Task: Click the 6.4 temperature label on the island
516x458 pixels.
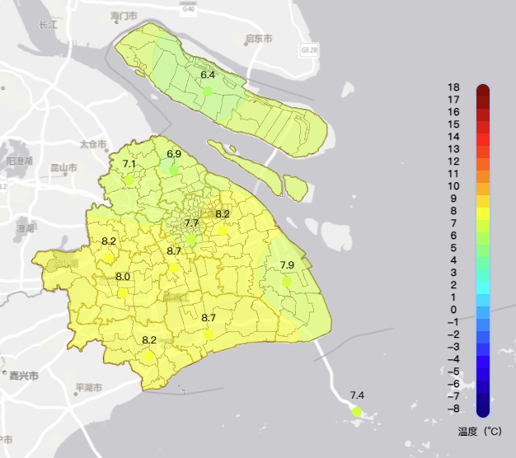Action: pyautogui.click(x=208, y=75)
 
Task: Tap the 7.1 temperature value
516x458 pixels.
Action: pyautogui.click(x=129, y=164)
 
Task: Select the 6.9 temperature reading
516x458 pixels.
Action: pyautogui.click(x=174, y=154)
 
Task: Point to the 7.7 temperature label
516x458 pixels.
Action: pyautogui.click(x=192, y=223)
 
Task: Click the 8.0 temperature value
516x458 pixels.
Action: pyautogui.click(x=123, y=277)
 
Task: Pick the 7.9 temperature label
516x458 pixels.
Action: pyautogui.click(x=287, y=264)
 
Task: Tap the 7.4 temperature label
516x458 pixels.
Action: pyautogui.click(x=357, y=395)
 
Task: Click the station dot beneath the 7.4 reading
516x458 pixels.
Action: pyautogui.click(x=357, y=411)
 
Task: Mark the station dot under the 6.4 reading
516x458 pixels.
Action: pyautogui.click(x=208, y=91)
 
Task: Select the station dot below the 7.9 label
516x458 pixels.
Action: pyautogui.click(x=287, y=281)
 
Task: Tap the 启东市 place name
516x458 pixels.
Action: pyautogui.click(x=259, y=39)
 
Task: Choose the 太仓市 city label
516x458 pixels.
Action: pyautogui.click(x=93, y=144)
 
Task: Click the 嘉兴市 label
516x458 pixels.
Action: pyautogui.click(x=24, y=376)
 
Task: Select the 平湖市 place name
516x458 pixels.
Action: pyautogui.click(x=88, y=387)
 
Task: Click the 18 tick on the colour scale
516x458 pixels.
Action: pyautogui.click(x=453, y=87)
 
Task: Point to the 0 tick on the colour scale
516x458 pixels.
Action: pyautogui.click(x=453, y=310)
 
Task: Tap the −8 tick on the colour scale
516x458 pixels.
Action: pyautogui.click(x=453, y=409)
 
